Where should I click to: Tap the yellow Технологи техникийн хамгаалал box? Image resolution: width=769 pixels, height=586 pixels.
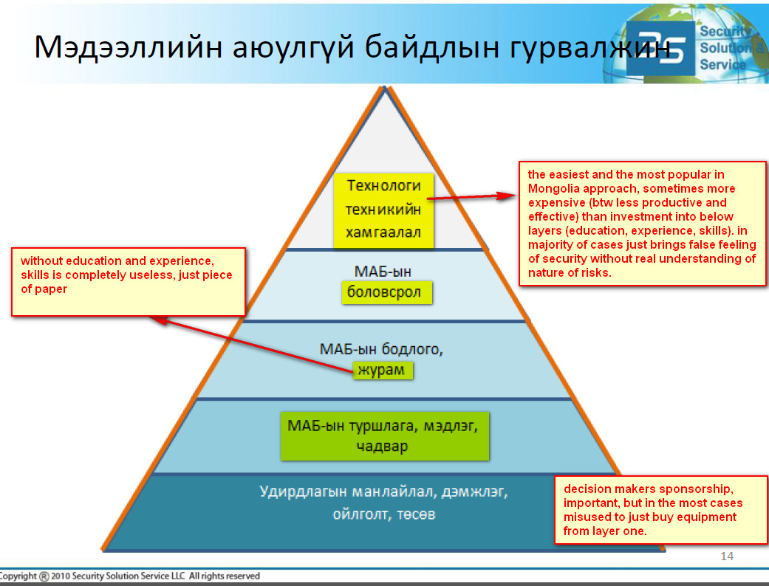pos(383,210)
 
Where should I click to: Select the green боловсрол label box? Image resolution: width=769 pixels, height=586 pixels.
pos(387,292)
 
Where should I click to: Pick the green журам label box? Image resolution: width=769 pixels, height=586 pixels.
pos(383,370)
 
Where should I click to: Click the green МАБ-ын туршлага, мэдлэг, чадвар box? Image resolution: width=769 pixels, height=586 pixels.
pos(384,435)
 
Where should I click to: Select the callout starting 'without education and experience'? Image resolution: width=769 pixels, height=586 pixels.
pos(129,282)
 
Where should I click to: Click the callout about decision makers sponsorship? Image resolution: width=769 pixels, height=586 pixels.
pos(660,509)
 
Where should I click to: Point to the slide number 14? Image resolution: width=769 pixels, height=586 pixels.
pos(727,556)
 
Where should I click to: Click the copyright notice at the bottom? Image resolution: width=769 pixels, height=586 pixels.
pos(129,576)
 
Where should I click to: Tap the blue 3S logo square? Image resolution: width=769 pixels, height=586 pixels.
pos(660,48)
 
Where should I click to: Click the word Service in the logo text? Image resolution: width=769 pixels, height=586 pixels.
pos(722,65)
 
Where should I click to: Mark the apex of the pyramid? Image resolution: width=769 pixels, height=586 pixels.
pos(384,87)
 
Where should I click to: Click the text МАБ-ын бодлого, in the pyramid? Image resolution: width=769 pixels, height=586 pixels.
pos(381,349)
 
